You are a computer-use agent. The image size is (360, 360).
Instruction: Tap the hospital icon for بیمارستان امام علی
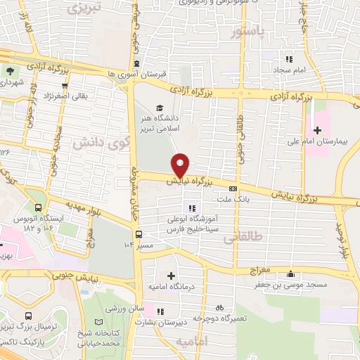pyautogui.click(x=317, y=129)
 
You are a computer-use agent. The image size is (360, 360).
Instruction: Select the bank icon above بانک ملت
pyautogui.click(x=233, y=188)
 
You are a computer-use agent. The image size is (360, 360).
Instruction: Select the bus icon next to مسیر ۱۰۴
pyautogui.click(x=138, y=234)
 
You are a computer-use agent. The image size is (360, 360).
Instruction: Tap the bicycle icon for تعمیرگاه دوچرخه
pyautogui.click(x=219, y=307)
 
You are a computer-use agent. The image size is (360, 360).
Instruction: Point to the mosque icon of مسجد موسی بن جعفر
pyautogui.click(x=291, y=275)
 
